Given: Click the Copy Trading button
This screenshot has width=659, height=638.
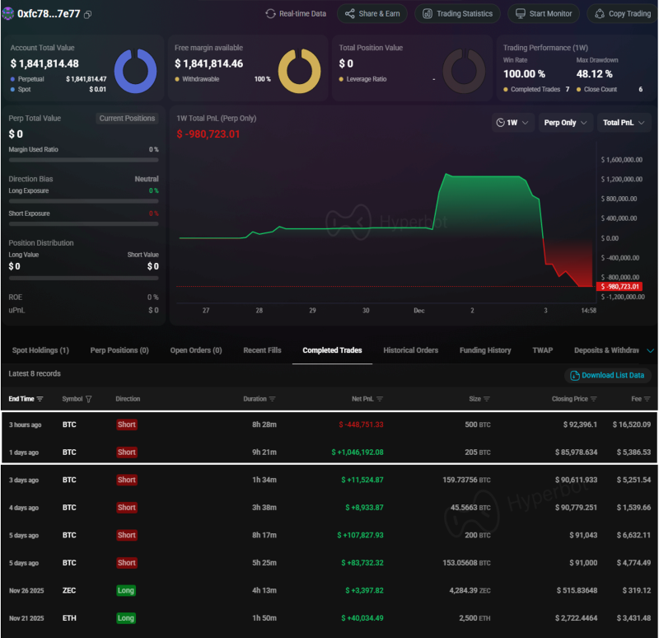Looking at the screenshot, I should pyautogui.click(x=622, y=13).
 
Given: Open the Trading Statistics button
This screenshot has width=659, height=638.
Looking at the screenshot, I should pyautogui.click(x=458, y=13).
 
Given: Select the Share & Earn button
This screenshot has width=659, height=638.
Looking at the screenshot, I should pyautogui.click(x=372, y=13).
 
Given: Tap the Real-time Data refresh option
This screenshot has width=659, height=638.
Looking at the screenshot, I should pyautogui.click(x=296, y=13).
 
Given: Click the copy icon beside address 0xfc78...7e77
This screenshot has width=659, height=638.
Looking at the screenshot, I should pyautogui.click(x=88, y=15).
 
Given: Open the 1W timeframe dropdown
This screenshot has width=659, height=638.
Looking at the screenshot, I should pyautogui.click(x=512, y=123).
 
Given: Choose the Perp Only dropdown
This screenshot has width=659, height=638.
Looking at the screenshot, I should pyautogui.click(x=566, y=123).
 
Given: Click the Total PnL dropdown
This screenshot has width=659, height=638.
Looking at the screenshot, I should pyautogui.click(x=624, y=123).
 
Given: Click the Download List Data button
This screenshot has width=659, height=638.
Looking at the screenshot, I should pyautogui.click(x=606, y=375).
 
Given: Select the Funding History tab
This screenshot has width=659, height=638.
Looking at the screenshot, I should pyautogui.click(x=485, y=350).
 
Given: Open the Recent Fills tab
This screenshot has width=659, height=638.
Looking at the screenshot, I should pyautogui.click(x=262, y=350).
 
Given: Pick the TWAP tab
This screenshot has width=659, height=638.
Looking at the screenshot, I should pyautogui.click(x=542, y=350).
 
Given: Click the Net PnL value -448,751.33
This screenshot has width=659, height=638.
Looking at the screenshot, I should pyautogui.click(x=362, y=425).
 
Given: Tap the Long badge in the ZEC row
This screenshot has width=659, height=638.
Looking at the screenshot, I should pyautogui.click(x=126, y=591).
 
